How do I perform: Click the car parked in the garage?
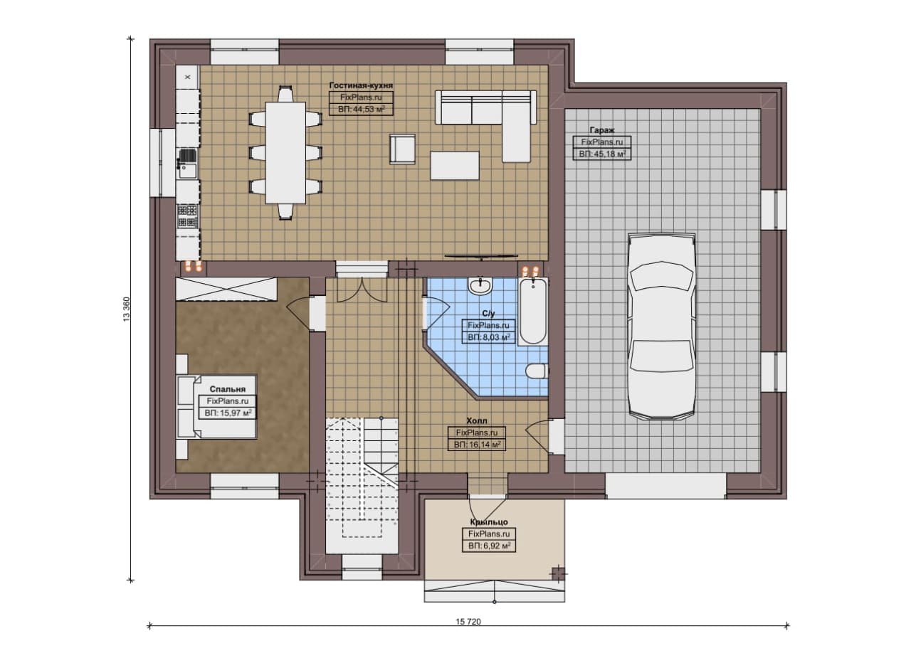tap(661, 326)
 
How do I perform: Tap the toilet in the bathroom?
tap(537, 371)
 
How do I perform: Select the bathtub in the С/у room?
tap(533, 312)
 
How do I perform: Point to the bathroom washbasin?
tap(480, 285)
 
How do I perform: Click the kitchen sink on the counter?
tap(187, 164)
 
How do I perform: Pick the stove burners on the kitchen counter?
tap(187, 216)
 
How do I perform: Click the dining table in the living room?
tap(285, 153)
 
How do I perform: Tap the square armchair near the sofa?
tap(402, 149)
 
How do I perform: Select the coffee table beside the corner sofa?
tap(455, 165)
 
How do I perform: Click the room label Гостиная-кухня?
tap(361, 85)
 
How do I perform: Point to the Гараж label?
tap(602, 130)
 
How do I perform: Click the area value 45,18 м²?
tap(608, 154)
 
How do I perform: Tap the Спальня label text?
tap(228, 389)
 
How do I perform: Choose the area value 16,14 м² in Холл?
tap(483, 445)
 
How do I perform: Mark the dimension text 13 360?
tap(127, 309)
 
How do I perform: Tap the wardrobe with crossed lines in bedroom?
tap(226, 289)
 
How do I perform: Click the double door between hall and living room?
tap(362, 290)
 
